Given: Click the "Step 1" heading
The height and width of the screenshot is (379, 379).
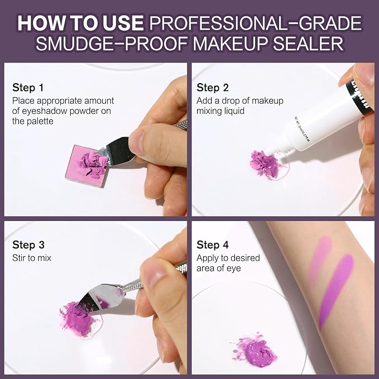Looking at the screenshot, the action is tap(28, 88).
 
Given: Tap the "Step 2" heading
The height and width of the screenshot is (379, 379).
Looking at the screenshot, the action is tap(213, 88).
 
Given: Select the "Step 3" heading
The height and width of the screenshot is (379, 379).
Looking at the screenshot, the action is tap(28, 244).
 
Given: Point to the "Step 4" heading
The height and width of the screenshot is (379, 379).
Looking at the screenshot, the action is tap(213, 244).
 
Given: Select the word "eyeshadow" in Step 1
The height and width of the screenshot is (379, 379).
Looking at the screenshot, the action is tap(45, 111).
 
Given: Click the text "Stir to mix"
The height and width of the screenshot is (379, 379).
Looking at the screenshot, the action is tap(32, 258).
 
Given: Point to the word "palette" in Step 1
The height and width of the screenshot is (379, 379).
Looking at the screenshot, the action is tap(40, 121).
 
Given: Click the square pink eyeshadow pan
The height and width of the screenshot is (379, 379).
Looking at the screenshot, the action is tap(85, 166).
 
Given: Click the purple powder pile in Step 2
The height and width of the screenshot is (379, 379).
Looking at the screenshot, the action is tap(265, 164).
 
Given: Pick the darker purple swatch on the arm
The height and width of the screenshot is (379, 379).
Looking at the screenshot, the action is tap(336, 290).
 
